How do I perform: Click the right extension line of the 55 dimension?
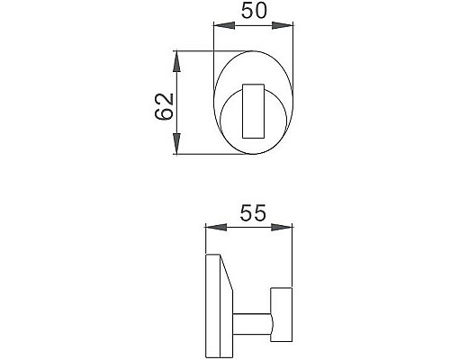tap(293, 256)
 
